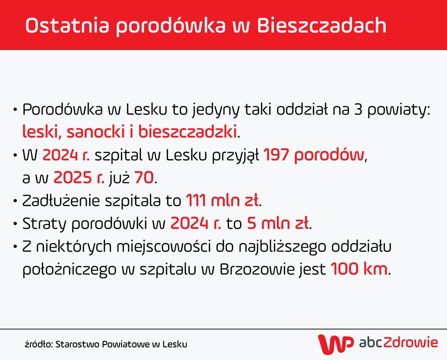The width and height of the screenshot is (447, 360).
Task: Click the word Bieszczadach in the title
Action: [321, 25]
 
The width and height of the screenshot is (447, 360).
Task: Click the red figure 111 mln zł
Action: [222, 200]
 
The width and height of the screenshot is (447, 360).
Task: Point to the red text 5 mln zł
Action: [278, 223]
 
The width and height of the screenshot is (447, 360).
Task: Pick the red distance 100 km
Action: [359, 269]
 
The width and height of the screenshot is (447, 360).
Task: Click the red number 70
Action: [144, 178]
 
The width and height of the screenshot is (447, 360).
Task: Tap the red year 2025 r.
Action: [79, 178]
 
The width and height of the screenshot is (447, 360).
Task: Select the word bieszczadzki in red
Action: [187, 132]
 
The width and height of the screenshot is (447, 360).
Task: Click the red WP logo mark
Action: [335, 344]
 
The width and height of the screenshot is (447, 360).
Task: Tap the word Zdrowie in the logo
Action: [410, 343]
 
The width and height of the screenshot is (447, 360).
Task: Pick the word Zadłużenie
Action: [61, 200]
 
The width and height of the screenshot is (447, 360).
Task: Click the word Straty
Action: [44, 223]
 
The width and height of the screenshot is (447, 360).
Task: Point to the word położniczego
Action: [69, 269]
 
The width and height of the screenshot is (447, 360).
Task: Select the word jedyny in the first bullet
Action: [216, 110]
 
